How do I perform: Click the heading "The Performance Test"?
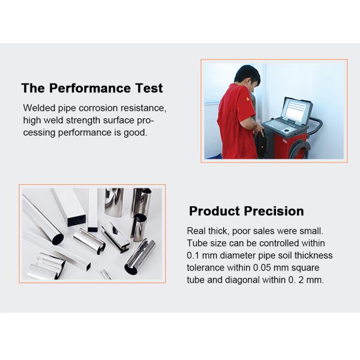click(92, 88)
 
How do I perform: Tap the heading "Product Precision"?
click(247, 211)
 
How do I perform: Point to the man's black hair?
click(247, 74)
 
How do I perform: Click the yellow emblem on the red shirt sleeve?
click(248, 99)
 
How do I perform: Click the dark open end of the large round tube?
click(58, 239)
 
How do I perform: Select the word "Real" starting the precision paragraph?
click(196, 231)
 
